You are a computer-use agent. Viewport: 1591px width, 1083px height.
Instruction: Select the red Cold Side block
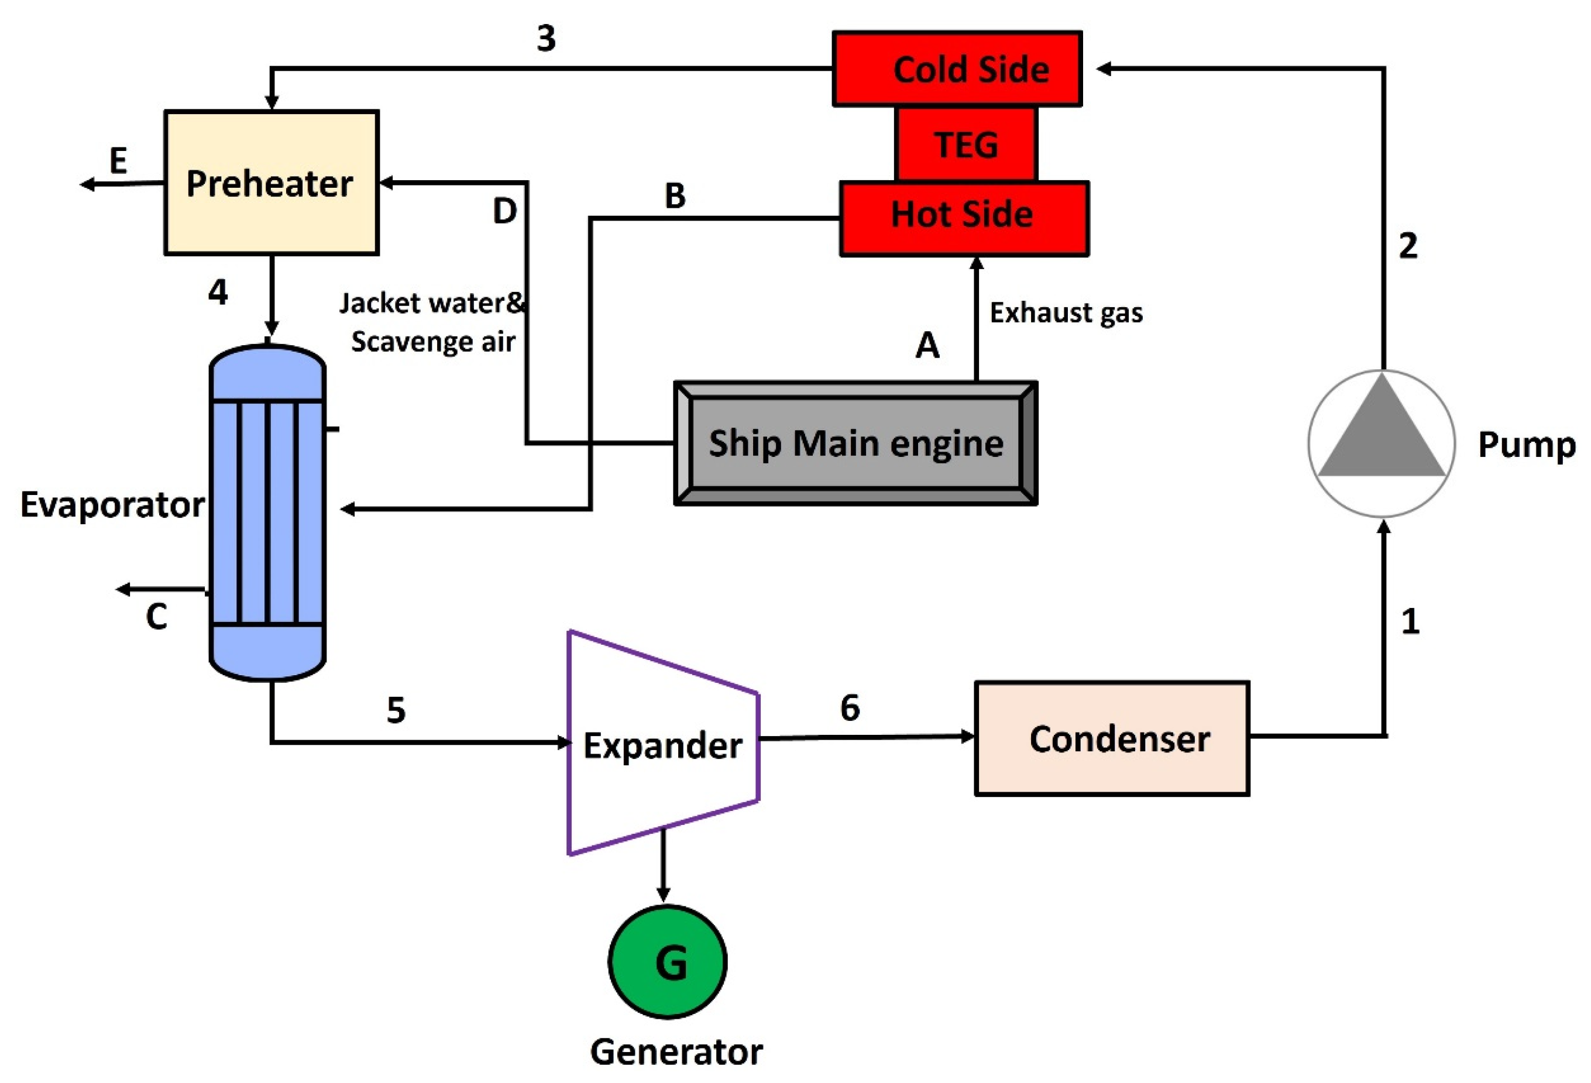click(957, 68)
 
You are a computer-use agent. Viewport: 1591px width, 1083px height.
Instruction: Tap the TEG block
click(966, 145)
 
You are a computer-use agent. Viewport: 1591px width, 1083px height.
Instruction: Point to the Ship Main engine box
click(855, 443)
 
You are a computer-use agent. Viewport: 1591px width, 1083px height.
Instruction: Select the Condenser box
click(1112, 738)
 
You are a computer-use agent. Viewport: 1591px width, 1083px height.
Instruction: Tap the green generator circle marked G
click(668, 962)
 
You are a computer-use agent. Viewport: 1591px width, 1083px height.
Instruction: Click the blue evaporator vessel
click(267, 514)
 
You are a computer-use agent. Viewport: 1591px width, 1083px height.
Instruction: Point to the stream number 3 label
click(545, 39)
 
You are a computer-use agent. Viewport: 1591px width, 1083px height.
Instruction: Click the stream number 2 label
click(1407, 246)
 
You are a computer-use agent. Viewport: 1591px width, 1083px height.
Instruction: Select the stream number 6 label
click(850, 707)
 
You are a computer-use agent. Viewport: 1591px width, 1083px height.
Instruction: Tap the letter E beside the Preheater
click(118, 161)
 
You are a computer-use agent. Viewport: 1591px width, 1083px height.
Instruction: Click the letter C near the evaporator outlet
click(156, 616)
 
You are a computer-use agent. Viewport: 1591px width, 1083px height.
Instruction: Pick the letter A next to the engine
click(927, 345)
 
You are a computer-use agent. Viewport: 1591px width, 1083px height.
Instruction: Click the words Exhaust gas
click(1066, 313)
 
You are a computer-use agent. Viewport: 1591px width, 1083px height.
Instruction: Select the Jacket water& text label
click(432, 303)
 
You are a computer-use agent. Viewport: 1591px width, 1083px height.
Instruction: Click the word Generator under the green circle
click(676, 1052)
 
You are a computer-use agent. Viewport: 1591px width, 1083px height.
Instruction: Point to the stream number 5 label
click(396, 710)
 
